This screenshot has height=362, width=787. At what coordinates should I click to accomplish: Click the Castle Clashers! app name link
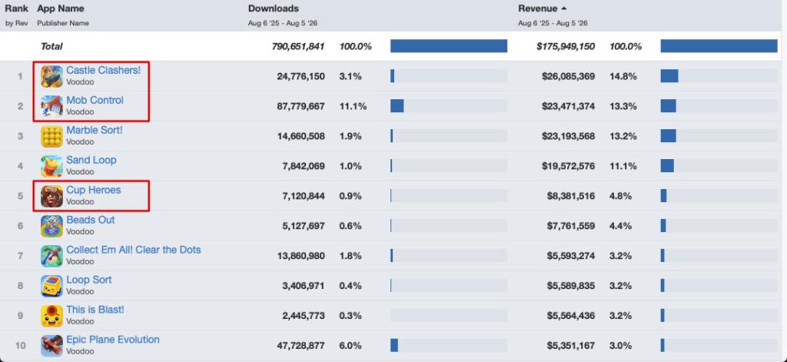104,70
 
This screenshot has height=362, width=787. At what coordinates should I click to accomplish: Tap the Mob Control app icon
51,106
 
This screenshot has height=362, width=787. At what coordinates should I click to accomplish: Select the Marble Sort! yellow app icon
51,136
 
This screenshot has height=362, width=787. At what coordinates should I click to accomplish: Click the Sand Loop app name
91,160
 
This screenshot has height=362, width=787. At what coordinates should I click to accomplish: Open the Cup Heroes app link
93,190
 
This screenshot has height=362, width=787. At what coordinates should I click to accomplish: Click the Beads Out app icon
51,226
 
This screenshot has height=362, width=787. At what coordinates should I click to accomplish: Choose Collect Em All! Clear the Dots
134,250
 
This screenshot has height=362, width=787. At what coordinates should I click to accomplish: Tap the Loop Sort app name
89,280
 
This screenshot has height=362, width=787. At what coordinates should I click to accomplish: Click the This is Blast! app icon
51,316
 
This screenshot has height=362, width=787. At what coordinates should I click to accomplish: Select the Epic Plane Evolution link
113,340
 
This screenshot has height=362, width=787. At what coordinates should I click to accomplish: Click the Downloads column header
274,8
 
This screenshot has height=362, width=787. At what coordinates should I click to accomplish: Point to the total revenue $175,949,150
566,46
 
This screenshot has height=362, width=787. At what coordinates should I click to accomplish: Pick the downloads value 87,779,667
301,106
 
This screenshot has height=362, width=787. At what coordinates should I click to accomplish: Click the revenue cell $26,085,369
569,76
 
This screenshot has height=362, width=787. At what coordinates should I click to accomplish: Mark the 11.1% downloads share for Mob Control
353,106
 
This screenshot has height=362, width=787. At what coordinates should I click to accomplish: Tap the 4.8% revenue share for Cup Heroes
620,196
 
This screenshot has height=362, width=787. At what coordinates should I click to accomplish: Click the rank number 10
20,345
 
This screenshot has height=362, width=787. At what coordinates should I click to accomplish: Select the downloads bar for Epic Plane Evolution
394,345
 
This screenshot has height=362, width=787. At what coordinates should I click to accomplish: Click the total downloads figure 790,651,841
298,46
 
